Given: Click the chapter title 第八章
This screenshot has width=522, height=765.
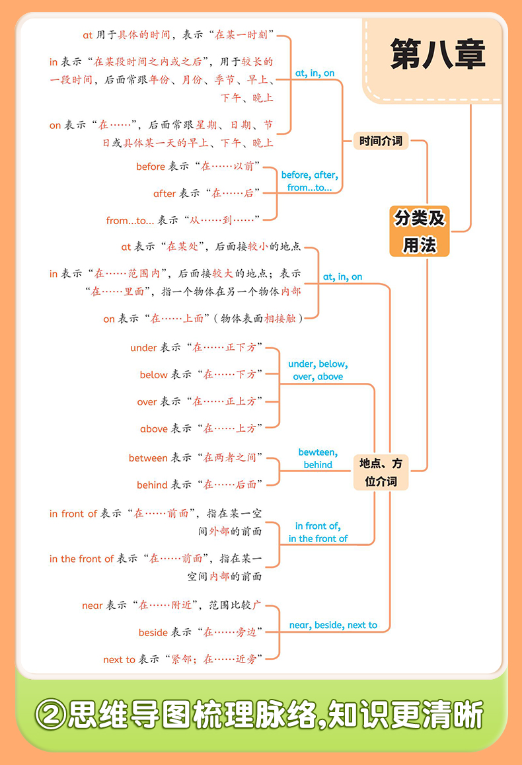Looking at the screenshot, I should (x=438, y=54).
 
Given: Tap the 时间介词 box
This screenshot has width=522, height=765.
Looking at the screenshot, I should (x=381, y=141).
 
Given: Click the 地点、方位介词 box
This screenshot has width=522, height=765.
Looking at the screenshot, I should (x=381, y=472).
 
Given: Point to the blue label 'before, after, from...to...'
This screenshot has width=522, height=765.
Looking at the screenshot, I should (x=309, y=181).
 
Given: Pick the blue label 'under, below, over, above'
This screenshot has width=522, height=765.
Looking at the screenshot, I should (x=318, y=370).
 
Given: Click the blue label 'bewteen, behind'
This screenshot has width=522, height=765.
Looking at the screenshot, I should (x=318, y=459).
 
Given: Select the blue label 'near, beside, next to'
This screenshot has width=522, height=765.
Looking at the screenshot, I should (x=333, y=625).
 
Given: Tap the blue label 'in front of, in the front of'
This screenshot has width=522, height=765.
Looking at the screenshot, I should (x=318, y=532).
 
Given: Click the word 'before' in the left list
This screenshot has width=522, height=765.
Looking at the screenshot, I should (x=151, y=167).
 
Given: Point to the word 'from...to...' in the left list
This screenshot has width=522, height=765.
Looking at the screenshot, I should (x=130, y=221).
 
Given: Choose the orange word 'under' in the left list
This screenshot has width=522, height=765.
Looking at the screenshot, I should (x=143, y=348).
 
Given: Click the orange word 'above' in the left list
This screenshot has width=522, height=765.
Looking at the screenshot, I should (x=154, y=429).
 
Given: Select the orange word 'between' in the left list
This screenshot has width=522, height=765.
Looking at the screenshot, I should (x=148, y=458).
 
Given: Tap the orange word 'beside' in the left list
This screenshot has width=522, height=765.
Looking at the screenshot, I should (x=153, y=633).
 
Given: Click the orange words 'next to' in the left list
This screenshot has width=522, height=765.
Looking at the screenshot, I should (x=119, y=660).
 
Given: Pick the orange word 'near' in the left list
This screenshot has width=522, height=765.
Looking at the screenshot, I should (x=93, y=606).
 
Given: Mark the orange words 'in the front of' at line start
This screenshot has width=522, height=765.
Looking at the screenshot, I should (x=81, y=559).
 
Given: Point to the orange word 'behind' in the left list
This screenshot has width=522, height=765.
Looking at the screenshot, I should (x=152, y=485).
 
